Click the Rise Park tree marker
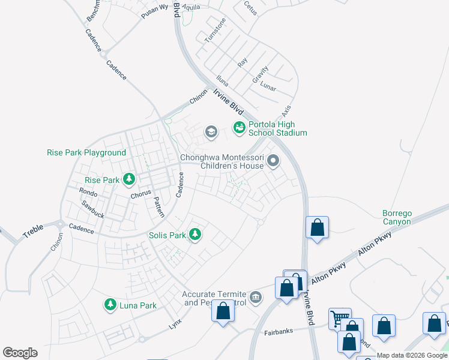[128, 179]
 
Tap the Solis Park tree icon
[194, 235]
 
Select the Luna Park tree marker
[110, 305]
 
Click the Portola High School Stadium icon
[239, 127]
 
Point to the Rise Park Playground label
[86, 153]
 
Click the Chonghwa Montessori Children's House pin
[273, 160]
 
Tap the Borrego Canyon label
[397, 217]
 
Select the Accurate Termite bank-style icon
[256, 298]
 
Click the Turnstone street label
[215, 30]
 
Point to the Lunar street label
[268, 87]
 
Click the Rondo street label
[88, 192]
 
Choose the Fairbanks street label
[278, 332]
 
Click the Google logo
[20, 353]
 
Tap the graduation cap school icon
[211, 131]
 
